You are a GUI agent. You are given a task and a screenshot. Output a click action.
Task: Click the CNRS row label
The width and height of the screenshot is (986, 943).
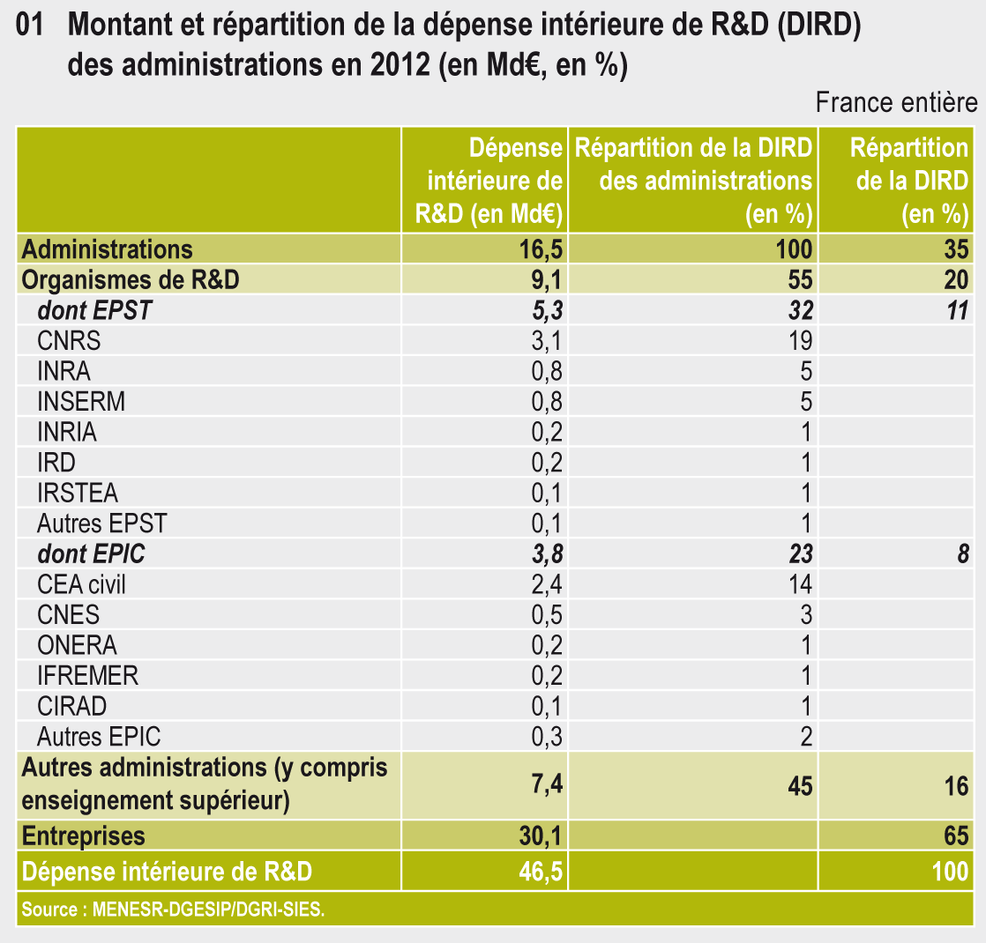(x=69, y=341)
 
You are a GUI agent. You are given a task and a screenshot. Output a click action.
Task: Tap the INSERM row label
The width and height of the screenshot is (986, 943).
(x=81, y=402)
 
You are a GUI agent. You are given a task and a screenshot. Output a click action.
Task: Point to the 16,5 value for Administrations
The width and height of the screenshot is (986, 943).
(x=542, y=250)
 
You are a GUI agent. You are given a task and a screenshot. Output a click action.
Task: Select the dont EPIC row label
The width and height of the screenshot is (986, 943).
(x=91, y=553)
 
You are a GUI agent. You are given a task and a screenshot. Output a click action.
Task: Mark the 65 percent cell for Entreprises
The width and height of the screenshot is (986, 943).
(x=955, y=835)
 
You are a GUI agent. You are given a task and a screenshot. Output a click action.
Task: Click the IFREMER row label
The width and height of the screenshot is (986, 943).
(x=87, y=675)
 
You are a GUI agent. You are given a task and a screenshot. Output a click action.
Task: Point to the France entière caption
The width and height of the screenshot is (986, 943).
(x=896, y=103)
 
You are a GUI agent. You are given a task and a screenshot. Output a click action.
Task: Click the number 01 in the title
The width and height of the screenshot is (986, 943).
(x=31, y=27)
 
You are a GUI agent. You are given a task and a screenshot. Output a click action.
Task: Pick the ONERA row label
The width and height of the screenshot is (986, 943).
(x=77, y=645)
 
